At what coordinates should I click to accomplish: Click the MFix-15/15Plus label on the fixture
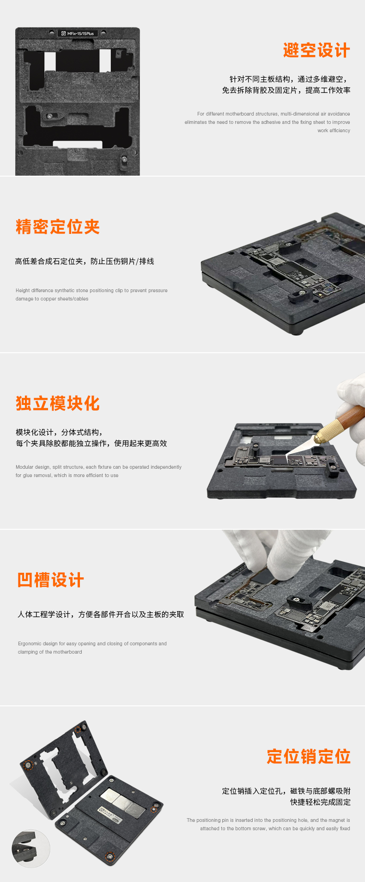tap(78, 33)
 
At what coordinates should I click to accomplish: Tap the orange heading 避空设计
tap(316, 50)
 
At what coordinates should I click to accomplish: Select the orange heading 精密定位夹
tap(58, 227)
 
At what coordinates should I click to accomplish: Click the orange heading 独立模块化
tap(58, 404)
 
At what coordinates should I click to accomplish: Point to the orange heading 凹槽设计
tap(51, 580)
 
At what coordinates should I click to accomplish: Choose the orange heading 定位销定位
tap(309, 757)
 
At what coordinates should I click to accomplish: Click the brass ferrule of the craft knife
tap(328, 429)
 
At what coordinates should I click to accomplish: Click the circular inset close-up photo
tap(31, 848)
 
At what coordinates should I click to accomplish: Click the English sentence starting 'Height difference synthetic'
tap(91, 294)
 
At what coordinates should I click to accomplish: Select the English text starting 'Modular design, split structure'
tap(98, 471)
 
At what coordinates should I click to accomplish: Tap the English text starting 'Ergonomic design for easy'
tap(92, 648)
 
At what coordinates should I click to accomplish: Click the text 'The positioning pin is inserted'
tap(268, 824)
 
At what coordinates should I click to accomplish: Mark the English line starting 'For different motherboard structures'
tap(274, 114)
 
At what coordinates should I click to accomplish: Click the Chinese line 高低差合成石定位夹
tap(85, 261)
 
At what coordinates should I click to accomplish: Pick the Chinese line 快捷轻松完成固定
tap(321, 802)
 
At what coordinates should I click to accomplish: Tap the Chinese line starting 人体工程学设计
tap(101, 614)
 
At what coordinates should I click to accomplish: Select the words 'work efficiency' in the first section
tap(334, 130)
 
